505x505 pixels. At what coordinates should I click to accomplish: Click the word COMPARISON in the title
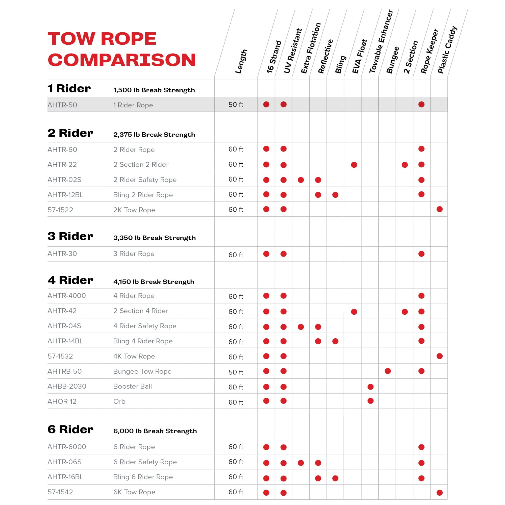121,60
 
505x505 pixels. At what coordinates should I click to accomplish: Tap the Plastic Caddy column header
447,50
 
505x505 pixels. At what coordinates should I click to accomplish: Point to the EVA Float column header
360,57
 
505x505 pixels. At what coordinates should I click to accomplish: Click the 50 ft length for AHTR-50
236,105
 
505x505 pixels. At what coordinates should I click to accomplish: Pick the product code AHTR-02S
64,180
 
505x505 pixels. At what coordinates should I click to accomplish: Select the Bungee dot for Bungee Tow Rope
388,371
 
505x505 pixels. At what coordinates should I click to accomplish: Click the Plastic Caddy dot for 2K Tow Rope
439,209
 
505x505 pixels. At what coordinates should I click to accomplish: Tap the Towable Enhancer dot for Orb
370,401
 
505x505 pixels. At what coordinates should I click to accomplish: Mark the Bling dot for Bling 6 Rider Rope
335,478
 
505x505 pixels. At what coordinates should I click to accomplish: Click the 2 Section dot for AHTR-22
405,165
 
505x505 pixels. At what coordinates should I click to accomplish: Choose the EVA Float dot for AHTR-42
354,312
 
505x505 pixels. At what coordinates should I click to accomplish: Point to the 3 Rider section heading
70,236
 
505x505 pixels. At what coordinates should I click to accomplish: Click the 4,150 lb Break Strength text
154,282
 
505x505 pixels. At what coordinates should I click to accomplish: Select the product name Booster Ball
132,386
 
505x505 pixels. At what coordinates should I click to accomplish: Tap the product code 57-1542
60,492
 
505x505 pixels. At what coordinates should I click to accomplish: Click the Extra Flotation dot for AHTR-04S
300,327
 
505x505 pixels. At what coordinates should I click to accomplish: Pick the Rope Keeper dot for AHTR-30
421,254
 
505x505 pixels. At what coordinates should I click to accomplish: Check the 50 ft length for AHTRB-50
236,372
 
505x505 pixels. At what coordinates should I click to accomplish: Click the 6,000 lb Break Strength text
155,431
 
